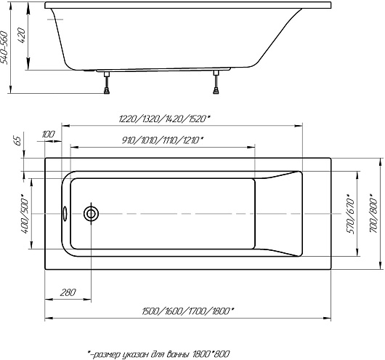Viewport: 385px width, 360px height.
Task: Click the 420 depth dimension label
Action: tap(22, 36)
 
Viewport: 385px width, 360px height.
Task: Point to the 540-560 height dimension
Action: tap(4, 48)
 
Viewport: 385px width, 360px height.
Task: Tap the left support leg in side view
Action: tap(107, 83)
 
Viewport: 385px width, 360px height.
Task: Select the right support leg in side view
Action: tap(216, 82)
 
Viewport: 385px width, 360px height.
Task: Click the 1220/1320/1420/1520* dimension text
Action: tap(164, 119)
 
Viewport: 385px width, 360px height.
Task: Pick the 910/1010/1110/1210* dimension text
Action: tap(163, 140)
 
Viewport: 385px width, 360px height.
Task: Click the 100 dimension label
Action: tap(48, 135)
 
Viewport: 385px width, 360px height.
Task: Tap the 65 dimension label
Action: tap(17, 141)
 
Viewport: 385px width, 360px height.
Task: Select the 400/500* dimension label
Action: tap(25, 214)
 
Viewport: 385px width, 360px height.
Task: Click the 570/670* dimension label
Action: tap(351, 214)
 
